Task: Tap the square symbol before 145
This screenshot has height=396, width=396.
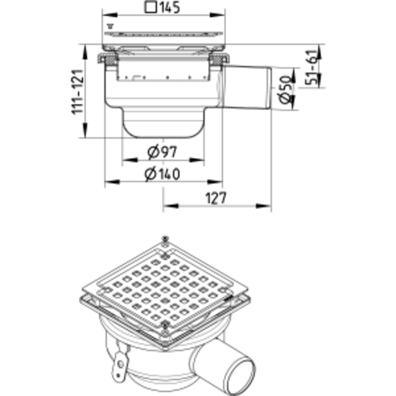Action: (151, 8)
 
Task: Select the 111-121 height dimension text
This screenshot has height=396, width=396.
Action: (78, 92)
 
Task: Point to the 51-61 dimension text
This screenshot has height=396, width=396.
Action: (311, 67)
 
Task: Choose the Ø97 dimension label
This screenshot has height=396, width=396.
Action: (162, 151)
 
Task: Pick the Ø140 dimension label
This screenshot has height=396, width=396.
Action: (162, 173)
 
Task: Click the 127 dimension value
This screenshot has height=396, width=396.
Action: (216, 198)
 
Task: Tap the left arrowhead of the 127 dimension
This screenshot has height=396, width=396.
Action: (171, 206)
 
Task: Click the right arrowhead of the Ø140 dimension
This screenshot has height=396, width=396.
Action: (215, 182)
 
